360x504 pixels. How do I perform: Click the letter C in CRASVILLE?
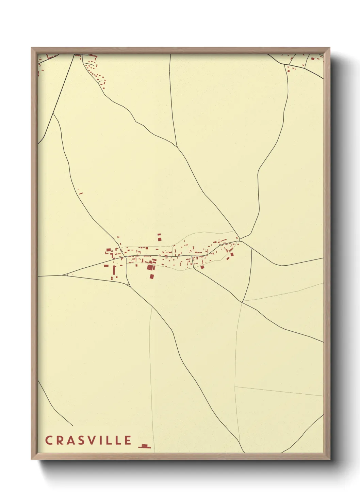48,440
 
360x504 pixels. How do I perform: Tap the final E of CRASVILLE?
128,440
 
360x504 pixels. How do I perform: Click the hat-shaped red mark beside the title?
145,446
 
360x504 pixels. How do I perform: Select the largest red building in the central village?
150,267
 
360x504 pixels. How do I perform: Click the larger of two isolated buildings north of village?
159,240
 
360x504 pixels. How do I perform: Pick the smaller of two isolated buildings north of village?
159,235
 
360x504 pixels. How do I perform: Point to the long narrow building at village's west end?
114,270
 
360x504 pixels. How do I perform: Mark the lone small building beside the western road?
81,193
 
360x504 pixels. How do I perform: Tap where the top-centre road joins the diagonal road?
177,147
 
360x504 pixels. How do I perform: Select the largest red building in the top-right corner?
312,59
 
